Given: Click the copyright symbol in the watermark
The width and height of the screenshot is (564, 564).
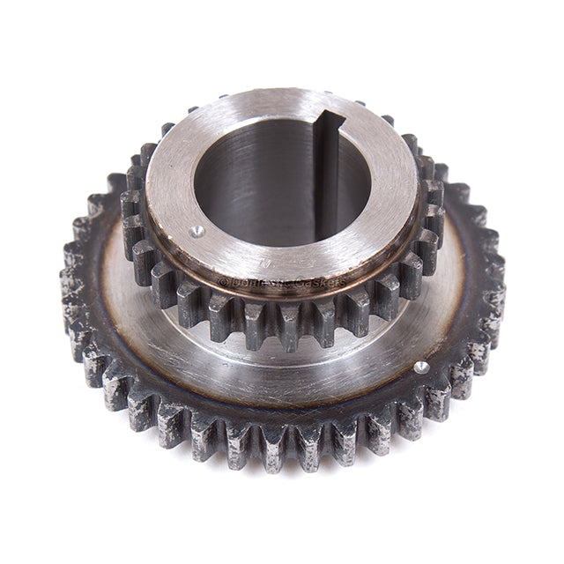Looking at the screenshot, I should coord(223,283).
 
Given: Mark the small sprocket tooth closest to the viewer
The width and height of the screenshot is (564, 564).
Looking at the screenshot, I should coord(280,324).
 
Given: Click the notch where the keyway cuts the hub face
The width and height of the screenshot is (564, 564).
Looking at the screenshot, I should coord(327,120).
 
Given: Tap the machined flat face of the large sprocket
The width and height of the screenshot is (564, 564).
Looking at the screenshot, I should coord(264,370).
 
